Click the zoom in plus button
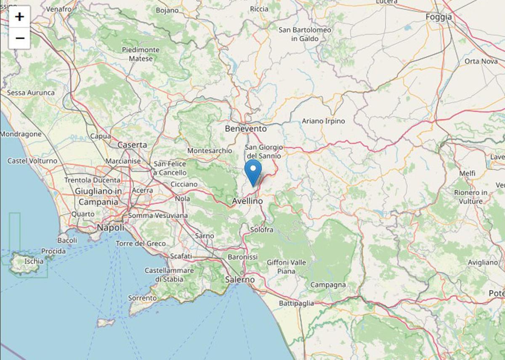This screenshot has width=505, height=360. point(19,17)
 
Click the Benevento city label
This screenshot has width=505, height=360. point(246,128)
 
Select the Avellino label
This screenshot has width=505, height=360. point(247,201)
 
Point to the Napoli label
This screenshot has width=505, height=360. point(111,227)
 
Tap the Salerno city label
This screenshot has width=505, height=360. point(240,279)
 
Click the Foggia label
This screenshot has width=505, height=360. point(439,17)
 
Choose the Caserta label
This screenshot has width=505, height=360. point(132,145)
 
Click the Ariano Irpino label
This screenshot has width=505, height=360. point(323,121)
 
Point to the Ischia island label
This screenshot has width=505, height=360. point(34,261)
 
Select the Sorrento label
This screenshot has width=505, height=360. point(142,298)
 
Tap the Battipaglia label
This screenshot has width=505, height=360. point(296,303)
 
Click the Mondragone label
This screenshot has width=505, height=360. point(21,134)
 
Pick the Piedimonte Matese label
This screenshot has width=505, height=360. point(141,54)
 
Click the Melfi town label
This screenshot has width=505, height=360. point(467,173)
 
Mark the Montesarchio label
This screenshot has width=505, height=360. point(210,150)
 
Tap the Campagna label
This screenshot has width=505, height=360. point(328,285)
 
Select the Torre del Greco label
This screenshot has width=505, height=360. point(141,243)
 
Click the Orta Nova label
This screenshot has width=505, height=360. point(481,61)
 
